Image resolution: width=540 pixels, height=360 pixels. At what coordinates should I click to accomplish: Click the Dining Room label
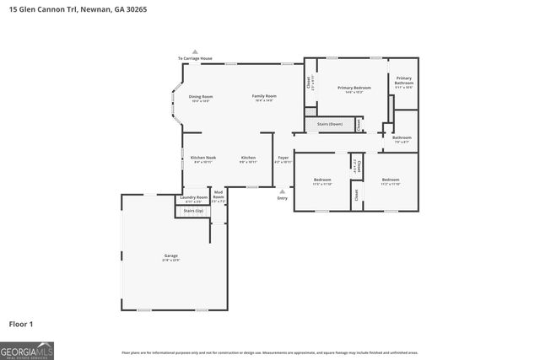[x=200, y=97]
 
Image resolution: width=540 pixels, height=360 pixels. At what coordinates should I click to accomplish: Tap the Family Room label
[x=265, y=97]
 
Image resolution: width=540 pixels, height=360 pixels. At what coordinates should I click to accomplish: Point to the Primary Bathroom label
[x=403, y=83]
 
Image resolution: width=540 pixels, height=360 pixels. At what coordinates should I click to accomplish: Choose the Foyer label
[x=283, y=158]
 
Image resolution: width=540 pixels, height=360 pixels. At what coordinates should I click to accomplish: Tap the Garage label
[x=171, y=255]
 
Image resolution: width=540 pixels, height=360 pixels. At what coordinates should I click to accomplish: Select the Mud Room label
[x=218, y=197]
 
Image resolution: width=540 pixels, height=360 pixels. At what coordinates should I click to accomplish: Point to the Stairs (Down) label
[x=329, y=125]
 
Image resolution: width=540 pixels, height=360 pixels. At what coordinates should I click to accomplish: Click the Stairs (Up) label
[x=193, y=210]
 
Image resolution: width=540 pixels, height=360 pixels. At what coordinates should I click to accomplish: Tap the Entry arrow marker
[x=283, y=191]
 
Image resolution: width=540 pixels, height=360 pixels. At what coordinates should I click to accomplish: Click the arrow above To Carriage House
[x=194, y=51]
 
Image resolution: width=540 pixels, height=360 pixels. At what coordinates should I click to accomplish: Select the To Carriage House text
[x=194, y=58]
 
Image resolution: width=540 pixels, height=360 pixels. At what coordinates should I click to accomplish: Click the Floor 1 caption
[x=21, y=323]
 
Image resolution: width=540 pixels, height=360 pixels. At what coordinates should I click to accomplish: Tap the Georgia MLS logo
[x=27, y=350]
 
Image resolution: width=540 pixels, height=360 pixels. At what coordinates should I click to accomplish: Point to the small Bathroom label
[x=402, y=137]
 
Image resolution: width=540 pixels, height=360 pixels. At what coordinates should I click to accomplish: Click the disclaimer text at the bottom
[x=269, y=352]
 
